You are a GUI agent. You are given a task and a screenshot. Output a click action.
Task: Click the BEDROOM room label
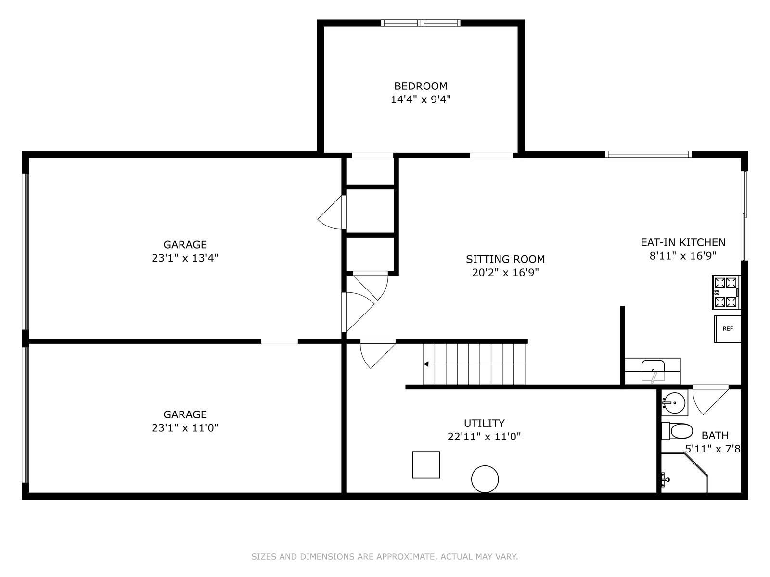(x=421, y=86)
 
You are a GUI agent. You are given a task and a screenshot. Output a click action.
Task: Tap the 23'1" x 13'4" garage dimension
(x=185, y=258)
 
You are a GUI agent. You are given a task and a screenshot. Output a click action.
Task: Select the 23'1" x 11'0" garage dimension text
(x=185, y=428)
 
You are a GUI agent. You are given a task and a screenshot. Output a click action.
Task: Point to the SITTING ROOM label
(x=505, y=259)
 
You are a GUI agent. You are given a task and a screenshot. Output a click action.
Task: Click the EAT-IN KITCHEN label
(x=682, y=242)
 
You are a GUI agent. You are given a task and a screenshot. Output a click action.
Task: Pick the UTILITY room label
(x=484, y=423)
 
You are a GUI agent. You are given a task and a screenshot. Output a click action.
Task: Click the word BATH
(x=715, y=436)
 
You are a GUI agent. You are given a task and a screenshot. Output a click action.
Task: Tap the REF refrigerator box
(x=728, y=329)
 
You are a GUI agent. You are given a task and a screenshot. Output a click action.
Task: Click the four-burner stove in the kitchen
(x=726, y=292)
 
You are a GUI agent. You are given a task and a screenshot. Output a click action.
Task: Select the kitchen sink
(x=653, y=371)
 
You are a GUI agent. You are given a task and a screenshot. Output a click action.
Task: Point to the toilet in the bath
(x=677, y=431)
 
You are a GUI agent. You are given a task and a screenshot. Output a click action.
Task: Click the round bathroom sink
(x=674, y=403)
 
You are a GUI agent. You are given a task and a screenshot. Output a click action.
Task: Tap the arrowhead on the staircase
(x=426, y=364)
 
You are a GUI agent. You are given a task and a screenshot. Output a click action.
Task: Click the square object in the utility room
(x=426, y=465)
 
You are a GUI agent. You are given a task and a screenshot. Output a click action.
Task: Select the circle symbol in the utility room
(x=485, y=479)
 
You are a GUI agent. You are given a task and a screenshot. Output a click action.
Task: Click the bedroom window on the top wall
(x=421, y=23)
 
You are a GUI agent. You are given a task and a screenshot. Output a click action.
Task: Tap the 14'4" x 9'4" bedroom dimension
(x=421, y=100)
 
